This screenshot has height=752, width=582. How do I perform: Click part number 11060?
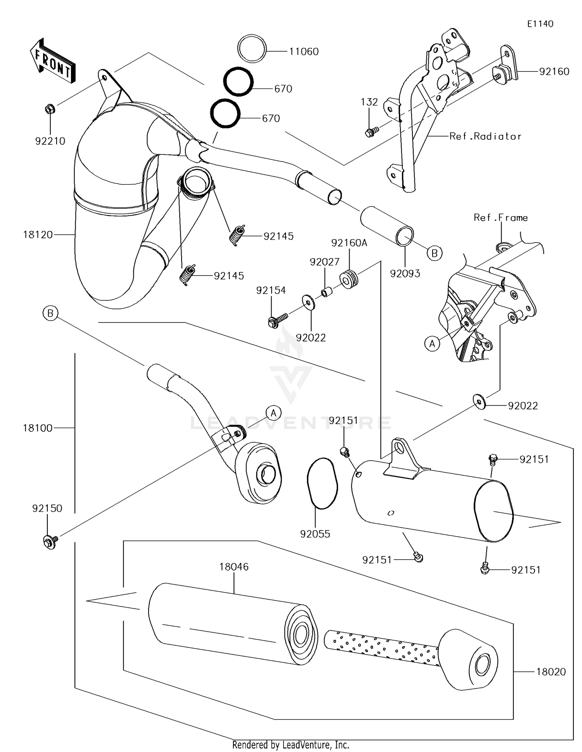(x=304, y=52)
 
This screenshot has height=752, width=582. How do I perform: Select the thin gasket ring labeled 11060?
(x=252, y=48)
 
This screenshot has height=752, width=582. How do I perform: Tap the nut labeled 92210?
(x=50, y=109)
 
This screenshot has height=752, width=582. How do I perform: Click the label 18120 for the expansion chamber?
(x=38, y=235)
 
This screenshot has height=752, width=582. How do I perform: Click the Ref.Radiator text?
(x=485, y=136)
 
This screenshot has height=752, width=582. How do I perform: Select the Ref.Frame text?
(x=501, y=218)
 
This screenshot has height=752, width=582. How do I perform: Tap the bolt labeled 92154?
(x=276, y=321)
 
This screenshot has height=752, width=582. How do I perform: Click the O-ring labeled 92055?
(x=322, y=483)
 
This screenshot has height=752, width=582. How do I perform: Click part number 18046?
(x=234, y=567)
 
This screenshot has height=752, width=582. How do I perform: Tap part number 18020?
(x=551, y=672)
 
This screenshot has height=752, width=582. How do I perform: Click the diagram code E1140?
(x=540, y=24)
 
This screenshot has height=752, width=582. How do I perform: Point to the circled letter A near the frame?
(x=432, y=343)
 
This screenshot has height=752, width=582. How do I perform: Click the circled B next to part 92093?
(x=435, y=253)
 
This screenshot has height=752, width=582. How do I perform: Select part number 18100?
(x=38, y=428)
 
